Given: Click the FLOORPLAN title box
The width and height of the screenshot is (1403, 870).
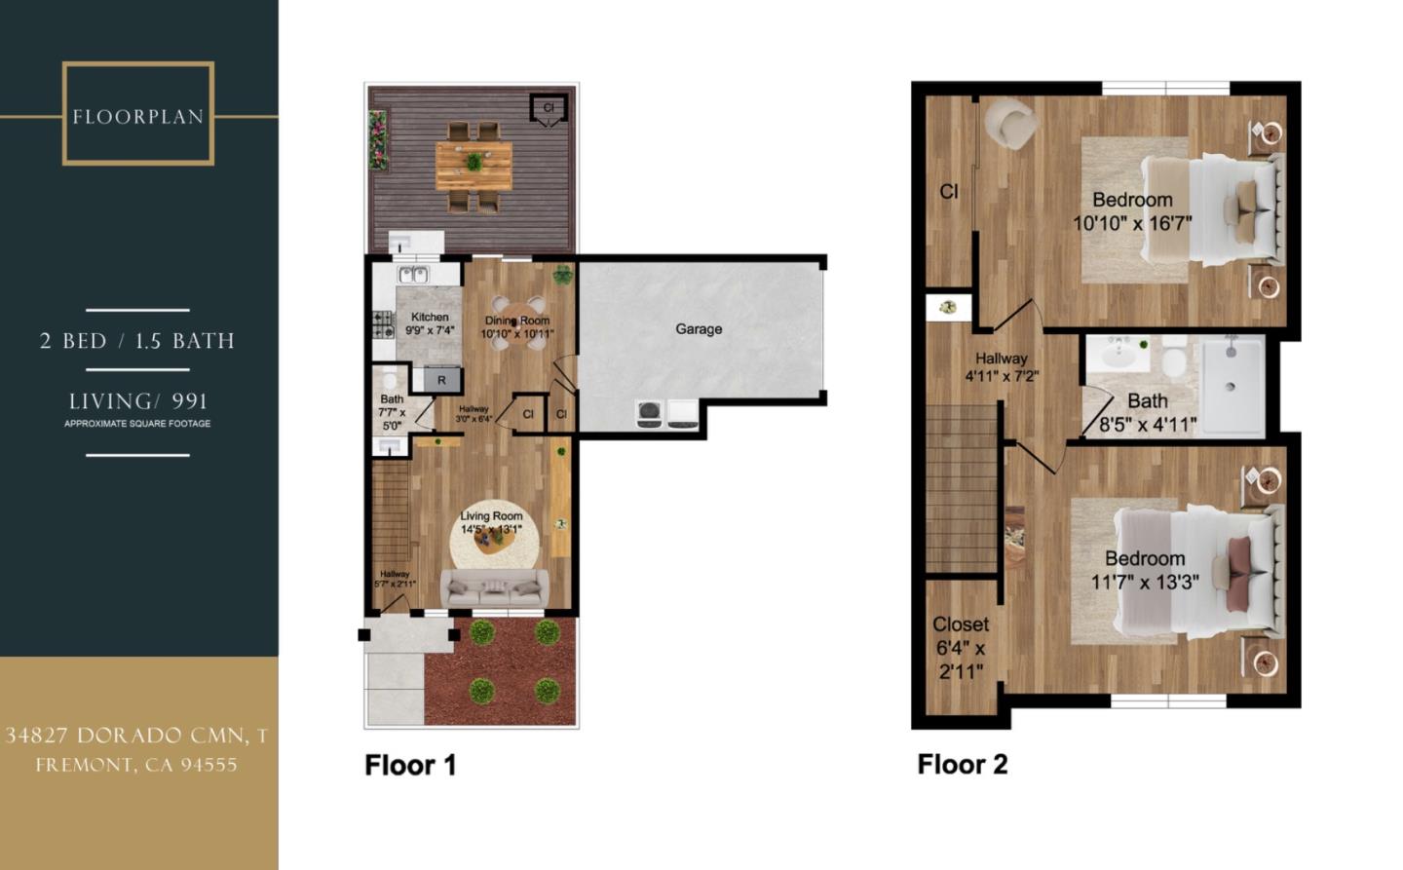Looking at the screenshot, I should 137,114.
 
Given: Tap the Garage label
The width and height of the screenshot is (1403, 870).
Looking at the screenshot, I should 699,329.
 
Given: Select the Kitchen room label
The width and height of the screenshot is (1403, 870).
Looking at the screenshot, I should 430,318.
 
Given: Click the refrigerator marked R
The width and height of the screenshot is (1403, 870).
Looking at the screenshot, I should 441,380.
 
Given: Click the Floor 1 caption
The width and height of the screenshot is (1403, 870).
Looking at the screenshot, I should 410,765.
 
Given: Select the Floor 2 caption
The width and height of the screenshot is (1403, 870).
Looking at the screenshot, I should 962,764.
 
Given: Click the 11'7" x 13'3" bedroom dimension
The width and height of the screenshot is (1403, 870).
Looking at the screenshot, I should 1145,583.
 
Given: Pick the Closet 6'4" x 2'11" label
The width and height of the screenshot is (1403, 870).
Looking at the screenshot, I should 960,647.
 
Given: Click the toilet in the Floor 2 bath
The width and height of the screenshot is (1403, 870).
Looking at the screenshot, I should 1174,360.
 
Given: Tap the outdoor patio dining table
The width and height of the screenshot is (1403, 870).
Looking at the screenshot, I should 474,164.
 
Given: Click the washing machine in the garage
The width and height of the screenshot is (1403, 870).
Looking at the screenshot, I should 650,414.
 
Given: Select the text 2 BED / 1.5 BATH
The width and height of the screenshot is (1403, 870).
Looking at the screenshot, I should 137,341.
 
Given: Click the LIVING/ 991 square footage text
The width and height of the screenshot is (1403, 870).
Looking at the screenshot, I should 137,401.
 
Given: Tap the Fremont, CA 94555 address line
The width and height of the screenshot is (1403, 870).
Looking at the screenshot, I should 136,765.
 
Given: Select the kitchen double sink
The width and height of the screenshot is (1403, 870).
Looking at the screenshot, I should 413,275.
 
